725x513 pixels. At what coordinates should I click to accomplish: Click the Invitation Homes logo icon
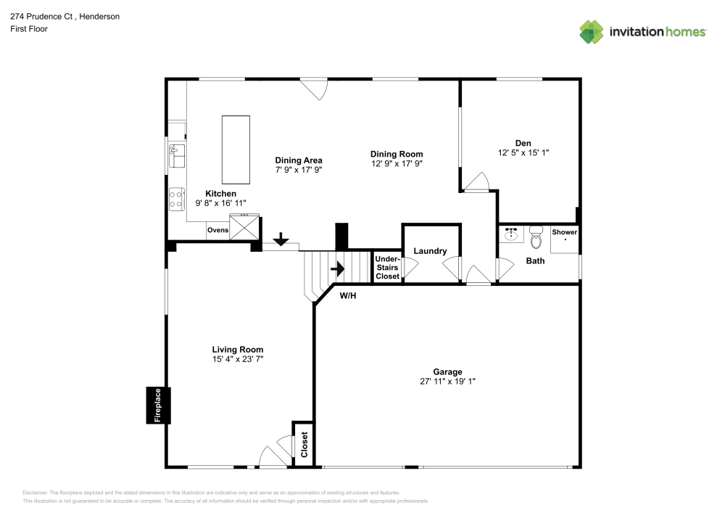[591, 31]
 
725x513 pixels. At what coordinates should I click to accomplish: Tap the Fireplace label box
[157, 406]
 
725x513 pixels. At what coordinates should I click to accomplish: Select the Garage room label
[447, 372]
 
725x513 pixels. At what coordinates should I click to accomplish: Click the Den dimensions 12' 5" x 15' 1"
[523, 153]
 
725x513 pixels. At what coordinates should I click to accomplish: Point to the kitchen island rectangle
[236, 149]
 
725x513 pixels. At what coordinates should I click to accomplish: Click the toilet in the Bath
[536, 237]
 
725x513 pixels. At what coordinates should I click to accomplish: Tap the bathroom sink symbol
[512, 234]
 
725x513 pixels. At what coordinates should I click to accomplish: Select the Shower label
[565, 232]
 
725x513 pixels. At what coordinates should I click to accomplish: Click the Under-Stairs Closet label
[387, 268]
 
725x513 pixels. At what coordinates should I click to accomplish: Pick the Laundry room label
[430, 251]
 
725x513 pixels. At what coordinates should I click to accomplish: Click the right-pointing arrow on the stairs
[337, 268]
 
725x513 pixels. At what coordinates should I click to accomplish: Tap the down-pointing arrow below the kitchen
[281, 240]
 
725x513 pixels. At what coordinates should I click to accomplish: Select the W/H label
[348, 295]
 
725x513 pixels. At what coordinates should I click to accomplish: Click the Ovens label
[217, 230]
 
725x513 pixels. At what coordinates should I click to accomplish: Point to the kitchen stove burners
[176, 199]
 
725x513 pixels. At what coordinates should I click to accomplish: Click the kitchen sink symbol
[176, 155]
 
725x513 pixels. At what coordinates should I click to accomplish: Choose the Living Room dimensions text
[237, 359]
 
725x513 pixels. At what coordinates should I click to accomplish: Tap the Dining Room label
[396, 154]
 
